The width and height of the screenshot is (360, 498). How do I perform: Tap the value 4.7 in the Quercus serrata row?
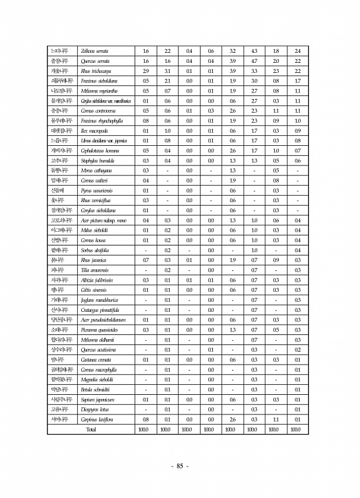coord(254,60)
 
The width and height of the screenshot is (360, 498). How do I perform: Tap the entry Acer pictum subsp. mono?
coord(103,221)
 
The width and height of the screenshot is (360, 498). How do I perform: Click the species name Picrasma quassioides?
coord(99,330)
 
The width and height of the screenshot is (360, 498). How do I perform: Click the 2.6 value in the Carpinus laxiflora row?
coord(232,420)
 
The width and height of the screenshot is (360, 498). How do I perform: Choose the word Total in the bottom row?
coord(91,429)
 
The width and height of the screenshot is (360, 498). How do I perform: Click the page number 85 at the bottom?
coord(180,466)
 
